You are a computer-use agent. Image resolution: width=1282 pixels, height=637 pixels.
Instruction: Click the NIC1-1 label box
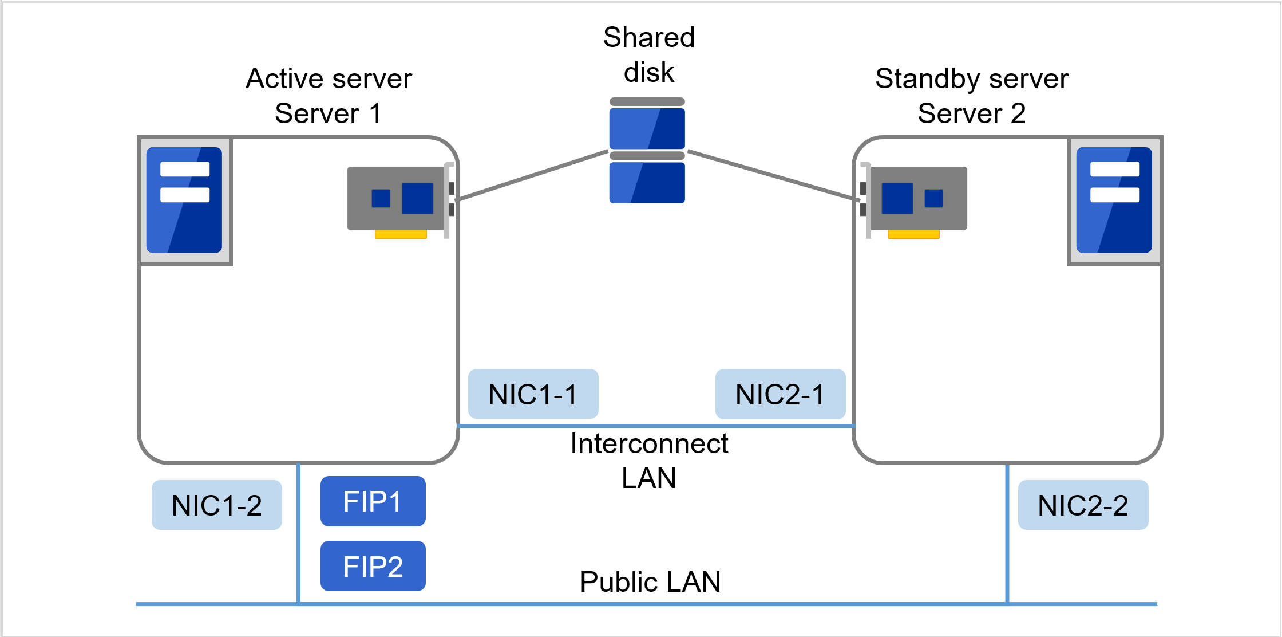[x=533, y=394]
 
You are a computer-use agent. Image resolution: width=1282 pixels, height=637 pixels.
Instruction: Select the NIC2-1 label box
[x=780, y=394]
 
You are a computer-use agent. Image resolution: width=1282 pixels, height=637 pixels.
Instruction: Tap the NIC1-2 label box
[x=216, y=505]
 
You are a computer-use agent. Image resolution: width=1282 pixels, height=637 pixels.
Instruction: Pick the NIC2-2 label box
[x=1083, y=505]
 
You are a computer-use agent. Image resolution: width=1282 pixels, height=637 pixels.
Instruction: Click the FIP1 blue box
[x=373, y=501]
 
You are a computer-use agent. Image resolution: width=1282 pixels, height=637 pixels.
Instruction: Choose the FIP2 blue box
[x=373, y=566]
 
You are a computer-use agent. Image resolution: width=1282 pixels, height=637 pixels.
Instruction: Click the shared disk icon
[x=647, y=151]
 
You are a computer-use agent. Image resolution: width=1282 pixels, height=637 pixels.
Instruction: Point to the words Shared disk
[x=649, y=55]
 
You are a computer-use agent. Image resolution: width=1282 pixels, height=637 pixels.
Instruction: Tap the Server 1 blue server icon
[x=184, y=200]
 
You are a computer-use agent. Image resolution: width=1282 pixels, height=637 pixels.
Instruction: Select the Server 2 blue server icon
[x=1114, y=200]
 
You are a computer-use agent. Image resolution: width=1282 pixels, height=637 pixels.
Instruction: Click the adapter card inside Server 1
[x=398, y=198]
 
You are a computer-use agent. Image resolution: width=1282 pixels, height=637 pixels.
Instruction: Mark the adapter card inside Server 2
[x=916, y=198]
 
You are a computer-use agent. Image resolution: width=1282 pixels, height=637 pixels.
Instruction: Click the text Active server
[x=329, y=78]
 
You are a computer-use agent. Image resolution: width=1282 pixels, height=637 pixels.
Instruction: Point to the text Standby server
[x=971, y=78]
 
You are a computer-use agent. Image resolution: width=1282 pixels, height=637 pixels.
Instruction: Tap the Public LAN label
[x=650, y=582]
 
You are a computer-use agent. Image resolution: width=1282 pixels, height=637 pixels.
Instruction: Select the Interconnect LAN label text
[x=649, y=461]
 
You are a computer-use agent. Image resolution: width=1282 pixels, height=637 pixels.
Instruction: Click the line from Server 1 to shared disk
[x=532, y=175]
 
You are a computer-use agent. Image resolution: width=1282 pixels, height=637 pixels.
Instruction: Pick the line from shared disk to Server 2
[x=773, y=175]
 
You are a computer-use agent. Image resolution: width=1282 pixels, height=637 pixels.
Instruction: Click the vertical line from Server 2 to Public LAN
[x=1007, y=533]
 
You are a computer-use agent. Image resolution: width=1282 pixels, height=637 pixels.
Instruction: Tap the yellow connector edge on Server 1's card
[x=401, y=234]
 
